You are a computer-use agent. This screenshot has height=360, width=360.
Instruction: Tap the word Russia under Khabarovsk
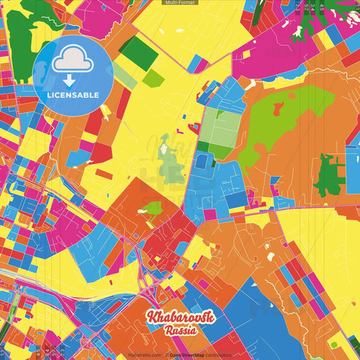pyautogui.click(x=180, y=330)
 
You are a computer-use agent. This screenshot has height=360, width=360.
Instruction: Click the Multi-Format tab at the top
pyautogui.click(x=180, y=3)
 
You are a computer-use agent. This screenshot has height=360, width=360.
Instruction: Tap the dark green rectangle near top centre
pyautogui.click(x=138, y=50)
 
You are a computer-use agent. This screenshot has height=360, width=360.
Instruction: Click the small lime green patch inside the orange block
pyautogui.click(x=153, y=207)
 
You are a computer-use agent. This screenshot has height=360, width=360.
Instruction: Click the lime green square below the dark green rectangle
pyautogui.click(x=153, y=78)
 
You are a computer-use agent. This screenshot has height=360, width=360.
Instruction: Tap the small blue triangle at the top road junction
pyautogui.click(x=197, y=64)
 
